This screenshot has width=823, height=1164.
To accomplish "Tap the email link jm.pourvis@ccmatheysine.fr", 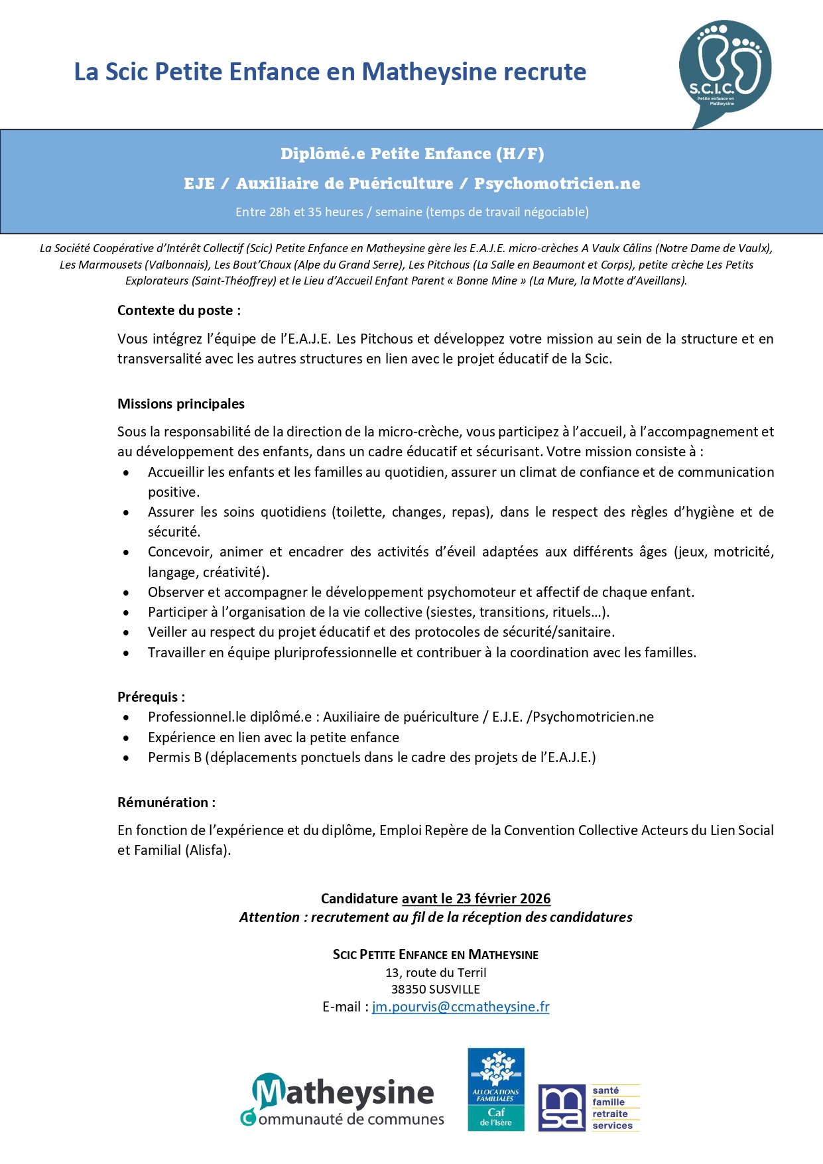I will tap(460, 1007).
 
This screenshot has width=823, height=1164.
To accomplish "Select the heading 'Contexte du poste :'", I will tap(179, 310).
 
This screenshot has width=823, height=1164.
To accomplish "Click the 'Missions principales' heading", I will tap(181, 404).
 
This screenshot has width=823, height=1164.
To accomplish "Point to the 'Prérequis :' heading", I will tap(151, 697).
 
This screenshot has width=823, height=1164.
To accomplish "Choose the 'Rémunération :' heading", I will tap(166, 803).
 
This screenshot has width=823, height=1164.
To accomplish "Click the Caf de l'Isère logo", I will tap(496, 1089).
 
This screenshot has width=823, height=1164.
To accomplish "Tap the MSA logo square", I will tap(562, 1108).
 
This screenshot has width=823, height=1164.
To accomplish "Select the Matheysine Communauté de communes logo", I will tap(342, 1101).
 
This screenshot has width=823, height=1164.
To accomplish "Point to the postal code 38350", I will tap(409, 990).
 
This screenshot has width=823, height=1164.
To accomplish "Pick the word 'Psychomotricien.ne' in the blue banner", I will tap(557, 184).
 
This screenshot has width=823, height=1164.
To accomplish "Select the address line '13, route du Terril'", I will tap(436, 973).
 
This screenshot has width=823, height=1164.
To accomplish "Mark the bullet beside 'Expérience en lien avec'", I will tap(126, 738).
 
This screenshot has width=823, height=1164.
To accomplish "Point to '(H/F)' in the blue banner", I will tap(520, 154).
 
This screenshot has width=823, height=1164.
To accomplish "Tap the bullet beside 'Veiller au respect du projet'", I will tap(126, 633).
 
